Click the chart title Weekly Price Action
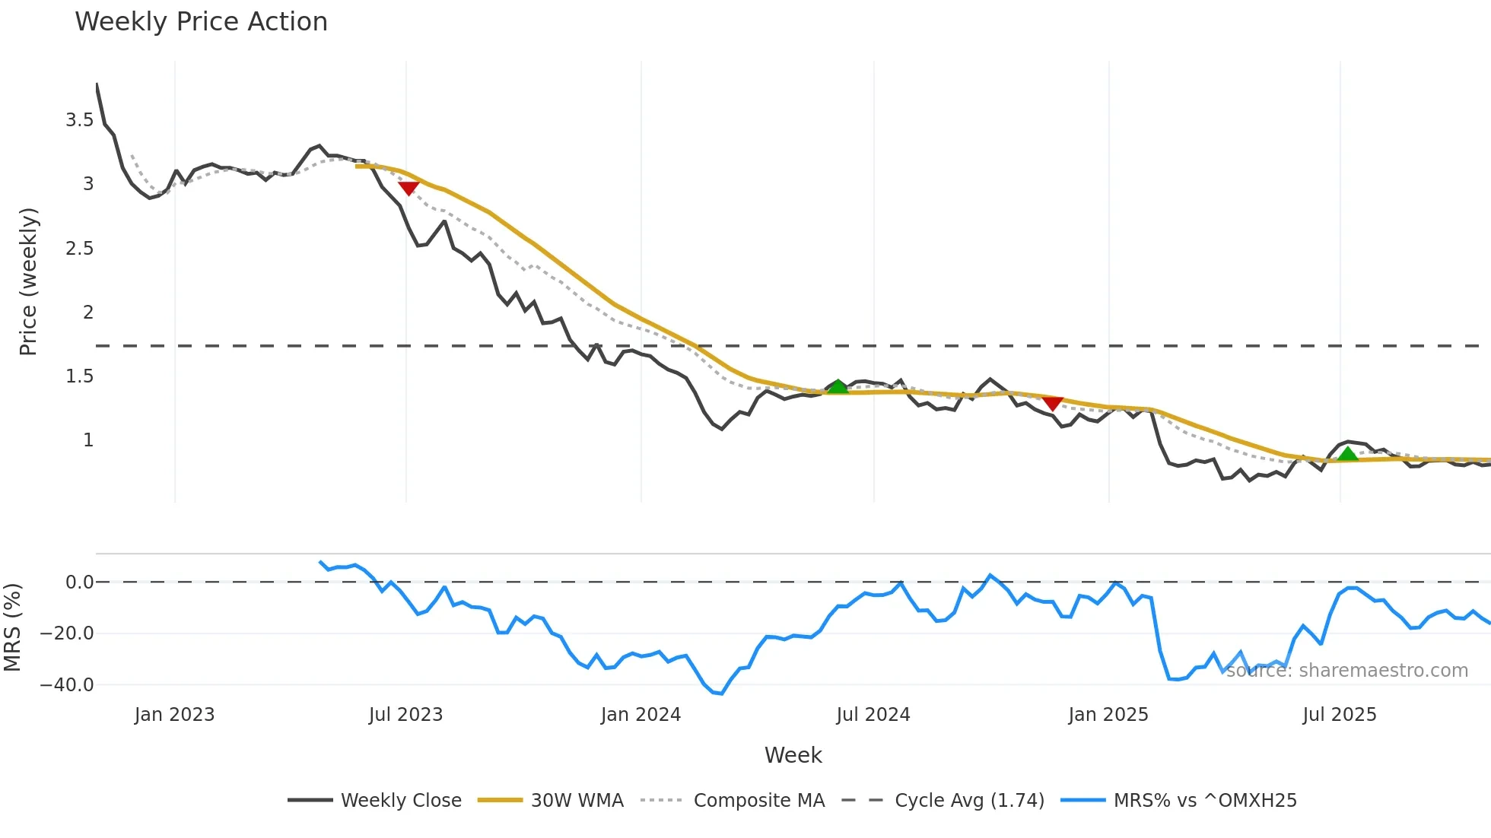(x=201, y=22)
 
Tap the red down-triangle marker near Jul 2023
(x=409, y=188)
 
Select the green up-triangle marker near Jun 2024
(x=838, y=387)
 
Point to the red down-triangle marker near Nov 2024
(x=1053, y=403)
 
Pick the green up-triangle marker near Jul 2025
(x=1348, y=454)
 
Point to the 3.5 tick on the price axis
(x=80, y=120)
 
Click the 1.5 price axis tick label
(x=80, y=376)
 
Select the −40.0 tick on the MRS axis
(x=67, y=684)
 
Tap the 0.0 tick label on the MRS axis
(x=80, y=582)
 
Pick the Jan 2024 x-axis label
(x=641, y=715)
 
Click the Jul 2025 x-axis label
(x=1340, y=715)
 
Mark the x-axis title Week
(x=793, y=755)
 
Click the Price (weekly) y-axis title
(x=28, y=281)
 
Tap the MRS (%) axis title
(x=13, y=627)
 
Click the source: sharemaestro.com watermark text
(x=1346, y=671)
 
